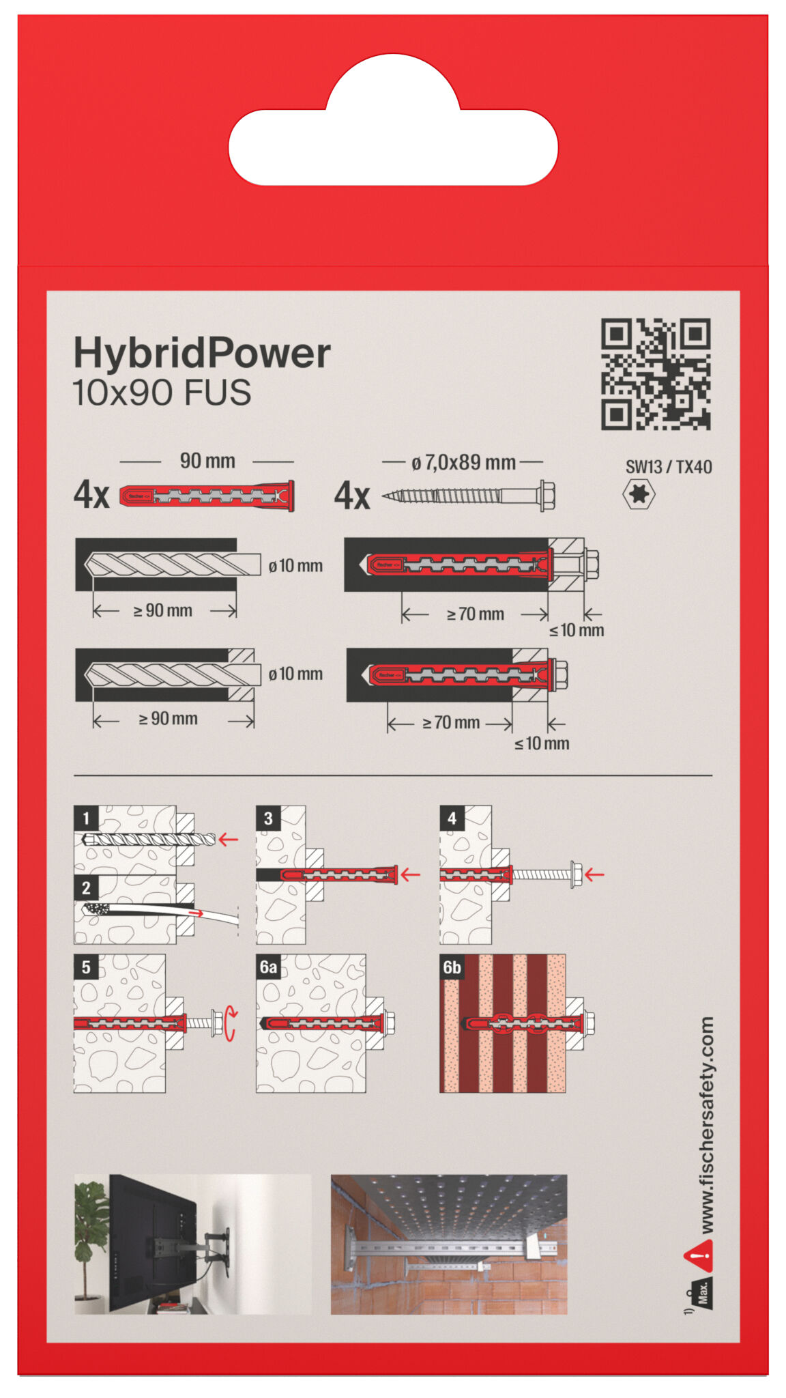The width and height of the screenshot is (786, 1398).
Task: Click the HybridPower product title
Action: [201, 353]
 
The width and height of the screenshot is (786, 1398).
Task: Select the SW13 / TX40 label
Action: [668, 467]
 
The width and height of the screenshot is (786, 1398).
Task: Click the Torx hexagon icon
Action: [639, 494]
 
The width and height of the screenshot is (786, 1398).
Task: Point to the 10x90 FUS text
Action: [162, 393]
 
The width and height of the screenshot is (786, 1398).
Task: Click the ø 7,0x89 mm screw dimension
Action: [463, 463]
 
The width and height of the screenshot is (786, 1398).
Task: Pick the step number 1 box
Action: [86, 817]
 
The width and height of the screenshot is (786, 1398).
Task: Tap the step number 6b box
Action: [452, 967]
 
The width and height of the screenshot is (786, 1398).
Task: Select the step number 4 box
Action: [452, 817]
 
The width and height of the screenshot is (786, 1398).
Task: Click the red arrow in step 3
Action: [410, 874]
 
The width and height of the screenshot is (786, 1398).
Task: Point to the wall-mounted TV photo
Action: [192, 1244]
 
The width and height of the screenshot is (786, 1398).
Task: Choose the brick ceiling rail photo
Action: [448, 1244]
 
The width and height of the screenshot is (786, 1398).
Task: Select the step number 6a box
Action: [268, 967]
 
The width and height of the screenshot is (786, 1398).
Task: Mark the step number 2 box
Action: [86, 887]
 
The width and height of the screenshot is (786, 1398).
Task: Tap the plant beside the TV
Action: [91, 1229]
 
